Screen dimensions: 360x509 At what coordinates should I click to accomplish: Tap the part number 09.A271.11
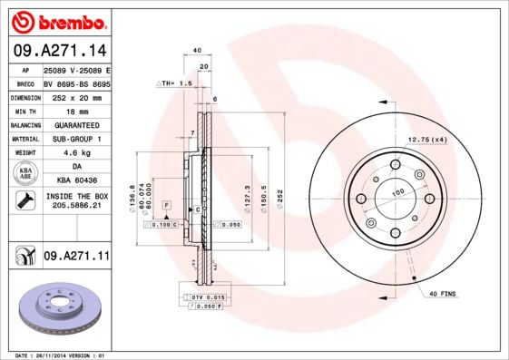[76, 258]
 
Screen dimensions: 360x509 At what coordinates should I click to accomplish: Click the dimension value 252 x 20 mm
[76, 96]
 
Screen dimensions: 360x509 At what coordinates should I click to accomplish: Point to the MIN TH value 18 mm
[76, 110]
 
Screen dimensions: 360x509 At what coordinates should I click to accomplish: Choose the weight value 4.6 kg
[76, 153]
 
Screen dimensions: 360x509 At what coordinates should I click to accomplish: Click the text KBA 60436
[76, 180]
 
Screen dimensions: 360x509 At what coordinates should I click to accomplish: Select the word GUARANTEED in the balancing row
[76, 124]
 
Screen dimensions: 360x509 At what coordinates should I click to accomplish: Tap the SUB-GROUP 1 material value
[76, 139]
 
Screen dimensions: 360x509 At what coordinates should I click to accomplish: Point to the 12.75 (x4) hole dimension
[427, 139]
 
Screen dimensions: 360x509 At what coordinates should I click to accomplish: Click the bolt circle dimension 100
[396, 193]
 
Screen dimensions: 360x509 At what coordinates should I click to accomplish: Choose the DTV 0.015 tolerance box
[207, 297]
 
